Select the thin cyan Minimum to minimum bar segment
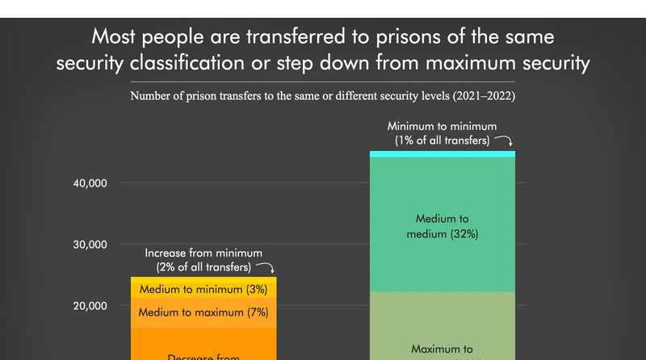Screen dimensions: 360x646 (x=442, y=153)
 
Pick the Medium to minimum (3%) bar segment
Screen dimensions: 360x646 (x=203, y=289)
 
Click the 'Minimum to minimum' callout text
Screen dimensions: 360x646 (x=441, y=127)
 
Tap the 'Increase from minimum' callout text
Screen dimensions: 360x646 (x=203, y=253)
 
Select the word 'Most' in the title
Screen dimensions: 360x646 (x=115, y=38)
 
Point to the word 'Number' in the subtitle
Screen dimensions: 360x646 (x=151, y=96)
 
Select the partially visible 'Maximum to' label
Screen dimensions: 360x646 (x=442, y=350)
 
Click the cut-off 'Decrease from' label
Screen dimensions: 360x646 (x=203, y=355)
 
